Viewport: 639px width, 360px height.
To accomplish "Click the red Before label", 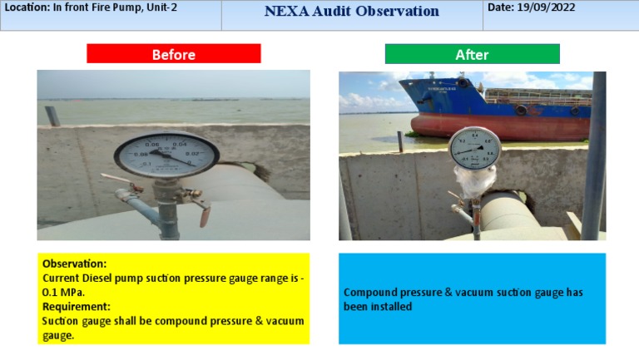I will click(173, 54).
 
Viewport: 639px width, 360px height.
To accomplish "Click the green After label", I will click(472, 54).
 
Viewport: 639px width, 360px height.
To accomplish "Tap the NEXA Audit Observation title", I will click(351, 12).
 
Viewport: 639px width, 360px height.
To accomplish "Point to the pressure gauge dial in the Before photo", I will click(166, 154).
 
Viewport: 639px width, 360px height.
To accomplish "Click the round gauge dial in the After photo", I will click(473, 148).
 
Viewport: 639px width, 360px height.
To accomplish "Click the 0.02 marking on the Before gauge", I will click(192, 153).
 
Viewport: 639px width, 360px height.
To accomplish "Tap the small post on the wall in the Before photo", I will click(52, 116).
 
